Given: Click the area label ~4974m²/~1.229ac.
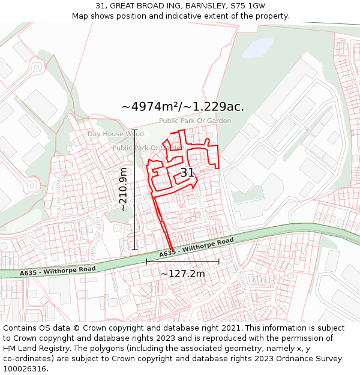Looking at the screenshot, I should pos(182,107).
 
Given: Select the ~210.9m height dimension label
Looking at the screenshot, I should pos(124,189).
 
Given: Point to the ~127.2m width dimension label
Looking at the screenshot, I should pos(182,274).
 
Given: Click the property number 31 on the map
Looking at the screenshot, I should pos(187,173).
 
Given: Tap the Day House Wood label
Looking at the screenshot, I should pos(115,134).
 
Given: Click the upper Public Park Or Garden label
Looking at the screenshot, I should pos(194,121).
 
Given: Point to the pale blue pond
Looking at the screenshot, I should pos(256,47).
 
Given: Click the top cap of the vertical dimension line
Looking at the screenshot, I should pos(134,130).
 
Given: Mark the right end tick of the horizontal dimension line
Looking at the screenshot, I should pos(219,262).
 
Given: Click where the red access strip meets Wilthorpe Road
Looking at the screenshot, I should pos(172,250).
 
